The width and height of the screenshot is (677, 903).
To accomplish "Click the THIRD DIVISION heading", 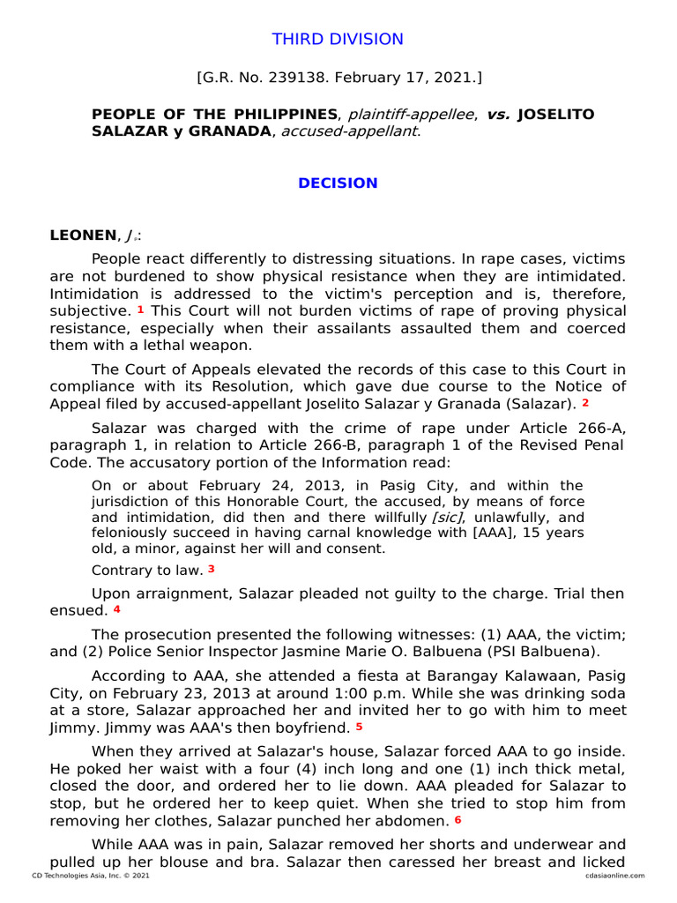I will coord(338,40).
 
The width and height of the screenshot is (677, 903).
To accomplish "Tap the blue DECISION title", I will coord(338,183).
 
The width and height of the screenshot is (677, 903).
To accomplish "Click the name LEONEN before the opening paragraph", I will coord(83,235).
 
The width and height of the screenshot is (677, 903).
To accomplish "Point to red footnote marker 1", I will coord(141,310).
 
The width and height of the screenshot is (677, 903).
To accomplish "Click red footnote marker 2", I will coord(585,403).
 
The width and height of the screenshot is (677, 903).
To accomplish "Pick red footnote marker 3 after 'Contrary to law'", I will coord(212,569).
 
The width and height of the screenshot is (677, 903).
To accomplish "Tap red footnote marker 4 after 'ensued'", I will coord(116,609).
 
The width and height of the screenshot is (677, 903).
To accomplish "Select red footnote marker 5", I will coord(359,728).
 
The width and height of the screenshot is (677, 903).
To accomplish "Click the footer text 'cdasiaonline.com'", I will coord(614,876).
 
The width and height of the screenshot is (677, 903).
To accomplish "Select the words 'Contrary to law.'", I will coord(147,570).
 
